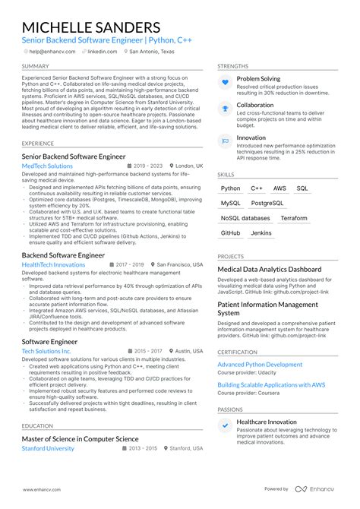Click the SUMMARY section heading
pos(36,66)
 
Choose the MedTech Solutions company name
pos(47,166)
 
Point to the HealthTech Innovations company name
pos(53,264)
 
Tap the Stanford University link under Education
pos(48,448)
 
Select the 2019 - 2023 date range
pos(147,166)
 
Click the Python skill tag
pos(230,188)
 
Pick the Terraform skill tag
pos(294,218)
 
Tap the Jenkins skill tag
pos(261,233)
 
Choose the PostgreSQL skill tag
pos(267,204)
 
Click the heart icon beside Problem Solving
pos(225,82)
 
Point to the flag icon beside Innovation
pos(225,140)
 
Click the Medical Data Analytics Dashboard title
pos(269,269)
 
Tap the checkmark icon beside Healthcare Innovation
pos(225,425)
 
